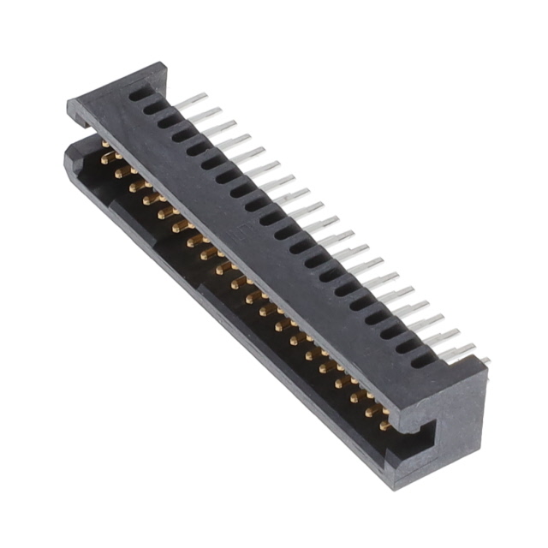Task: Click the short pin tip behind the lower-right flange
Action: [x=484, y=360]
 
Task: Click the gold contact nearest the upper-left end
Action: [x=108, y=157]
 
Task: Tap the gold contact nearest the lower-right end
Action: [x=385, y=424]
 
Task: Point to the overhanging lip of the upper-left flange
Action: [x=81, y=120]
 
